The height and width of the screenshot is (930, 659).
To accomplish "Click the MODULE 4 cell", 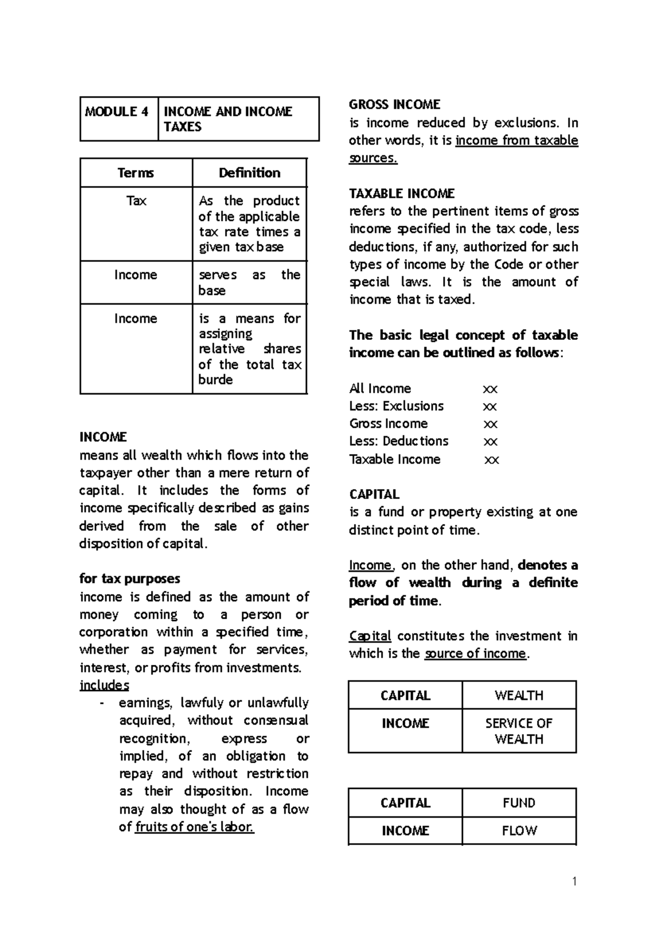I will [117, 112].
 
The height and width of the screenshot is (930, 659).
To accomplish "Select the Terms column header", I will [136, 173].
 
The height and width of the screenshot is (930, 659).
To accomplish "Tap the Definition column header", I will [249, 173].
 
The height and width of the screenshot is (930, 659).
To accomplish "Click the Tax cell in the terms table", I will [136, 201].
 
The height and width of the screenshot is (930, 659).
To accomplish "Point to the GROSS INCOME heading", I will [394, 105].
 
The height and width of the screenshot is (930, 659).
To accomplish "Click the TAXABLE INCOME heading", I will [401, 194].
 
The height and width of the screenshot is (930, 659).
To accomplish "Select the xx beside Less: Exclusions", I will [489, 406].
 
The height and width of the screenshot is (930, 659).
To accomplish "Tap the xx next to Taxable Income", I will [492, 460].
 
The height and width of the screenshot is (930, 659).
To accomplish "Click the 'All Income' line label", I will [380, 389].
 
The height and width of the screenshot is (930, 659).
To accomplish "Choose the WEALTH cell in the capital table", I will [519, 696].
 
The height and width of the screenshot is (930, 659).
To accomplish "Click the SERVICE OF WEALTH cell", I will [519, 731].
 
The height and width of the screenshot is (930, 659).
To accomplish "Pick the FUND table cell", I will [519, 803].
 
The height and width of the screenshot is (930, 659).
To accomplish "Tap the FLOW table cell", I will [519, 831].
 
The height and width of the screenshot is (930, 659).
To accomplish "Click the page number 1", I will [574, 882].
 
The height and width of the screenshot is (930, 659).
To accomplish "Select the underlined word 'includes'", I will [104, 685].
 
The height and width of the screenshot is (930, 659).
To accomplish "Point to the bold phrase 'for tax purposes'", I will [130, 579].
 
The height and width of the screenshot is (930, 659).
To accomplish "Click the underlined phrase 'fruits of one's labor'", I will [194, 827].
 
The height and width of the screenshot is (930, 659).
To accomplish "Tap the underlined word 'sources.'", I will [373, 158].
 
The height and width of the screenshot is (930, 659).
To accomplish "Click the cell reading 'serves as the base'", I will [249, 282].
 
